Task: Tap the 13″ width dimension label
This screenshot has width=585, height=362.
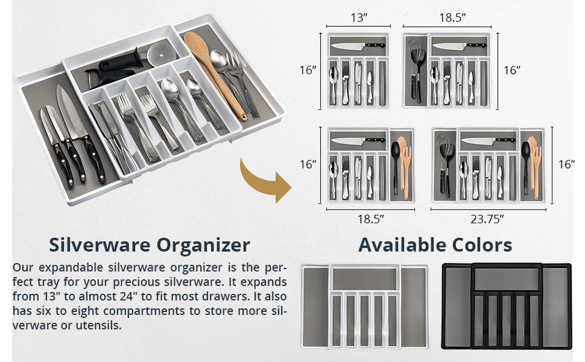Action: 359,17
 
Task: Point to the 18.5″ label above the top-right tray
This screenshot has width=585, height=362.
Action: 452,17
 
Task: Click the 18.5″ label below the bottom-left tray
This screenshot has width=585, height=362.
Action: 370,220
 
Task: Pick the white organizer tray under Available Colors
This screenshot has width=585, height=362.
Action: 364,306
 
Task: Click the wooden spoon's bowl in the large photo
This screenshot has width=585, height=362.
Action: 198,45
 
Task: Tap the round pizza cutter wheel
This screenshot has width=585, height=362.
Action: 160,54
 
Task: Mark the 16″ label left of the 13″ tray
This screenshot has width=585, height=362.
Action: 308,70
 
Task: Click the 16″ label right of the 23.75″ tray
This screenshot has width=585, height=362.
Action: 566,164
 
